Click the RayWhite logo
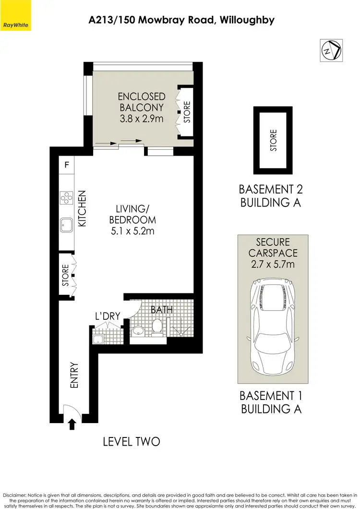[x=15, y=23]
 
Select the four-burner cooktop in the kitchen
[x=66, y=197]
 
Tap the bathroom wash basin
[x=138, y=331]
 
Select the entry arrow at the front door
[x=72, y=424]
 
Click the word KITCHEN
[x=82, y=208]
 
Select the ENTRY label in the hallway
[x=74, y=375]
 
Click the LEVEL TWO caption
[x=131, y=441]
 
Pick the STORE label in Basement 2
[x=273, y=141]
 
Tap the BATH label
[x=162, y=310]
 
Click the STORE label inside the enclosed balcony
[x=187, y=111]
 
